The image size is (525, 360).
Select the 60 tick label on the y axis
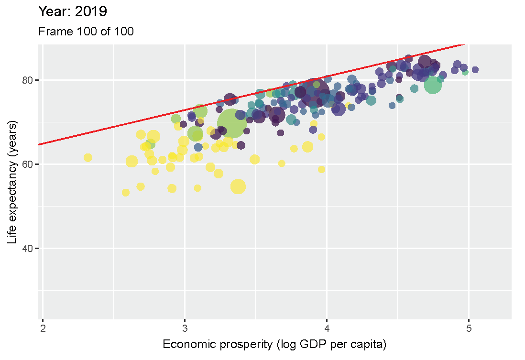[x=28, y=164]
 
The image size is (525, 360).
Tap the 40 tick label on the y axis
[x=28, y=248]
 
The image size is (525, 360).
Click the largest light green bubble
[x=230, y=123]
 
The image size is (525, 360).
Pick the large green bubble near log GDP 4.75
[x=433, y=86]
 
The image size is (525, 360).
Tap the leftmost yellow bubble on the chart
[x=87, y=158]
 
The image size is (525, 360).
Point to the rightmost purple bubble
[x=475, y=70]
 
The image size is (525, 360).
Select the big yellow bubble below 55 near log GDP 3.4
[x=238, y=186]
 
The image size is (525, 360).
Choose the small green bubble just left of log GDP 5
[x=465, y=72]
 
